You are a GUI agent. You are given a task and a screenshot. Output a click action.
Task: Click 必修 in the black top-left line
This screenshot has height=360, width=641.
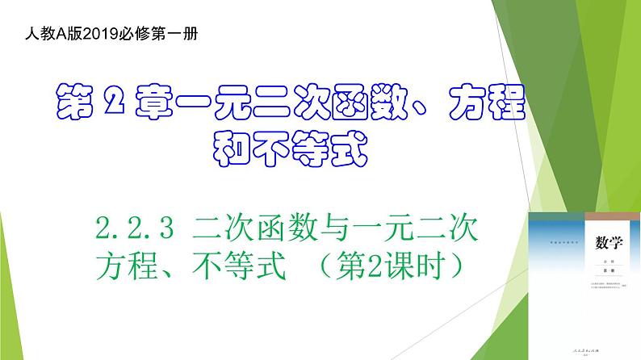pos(140,35)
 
